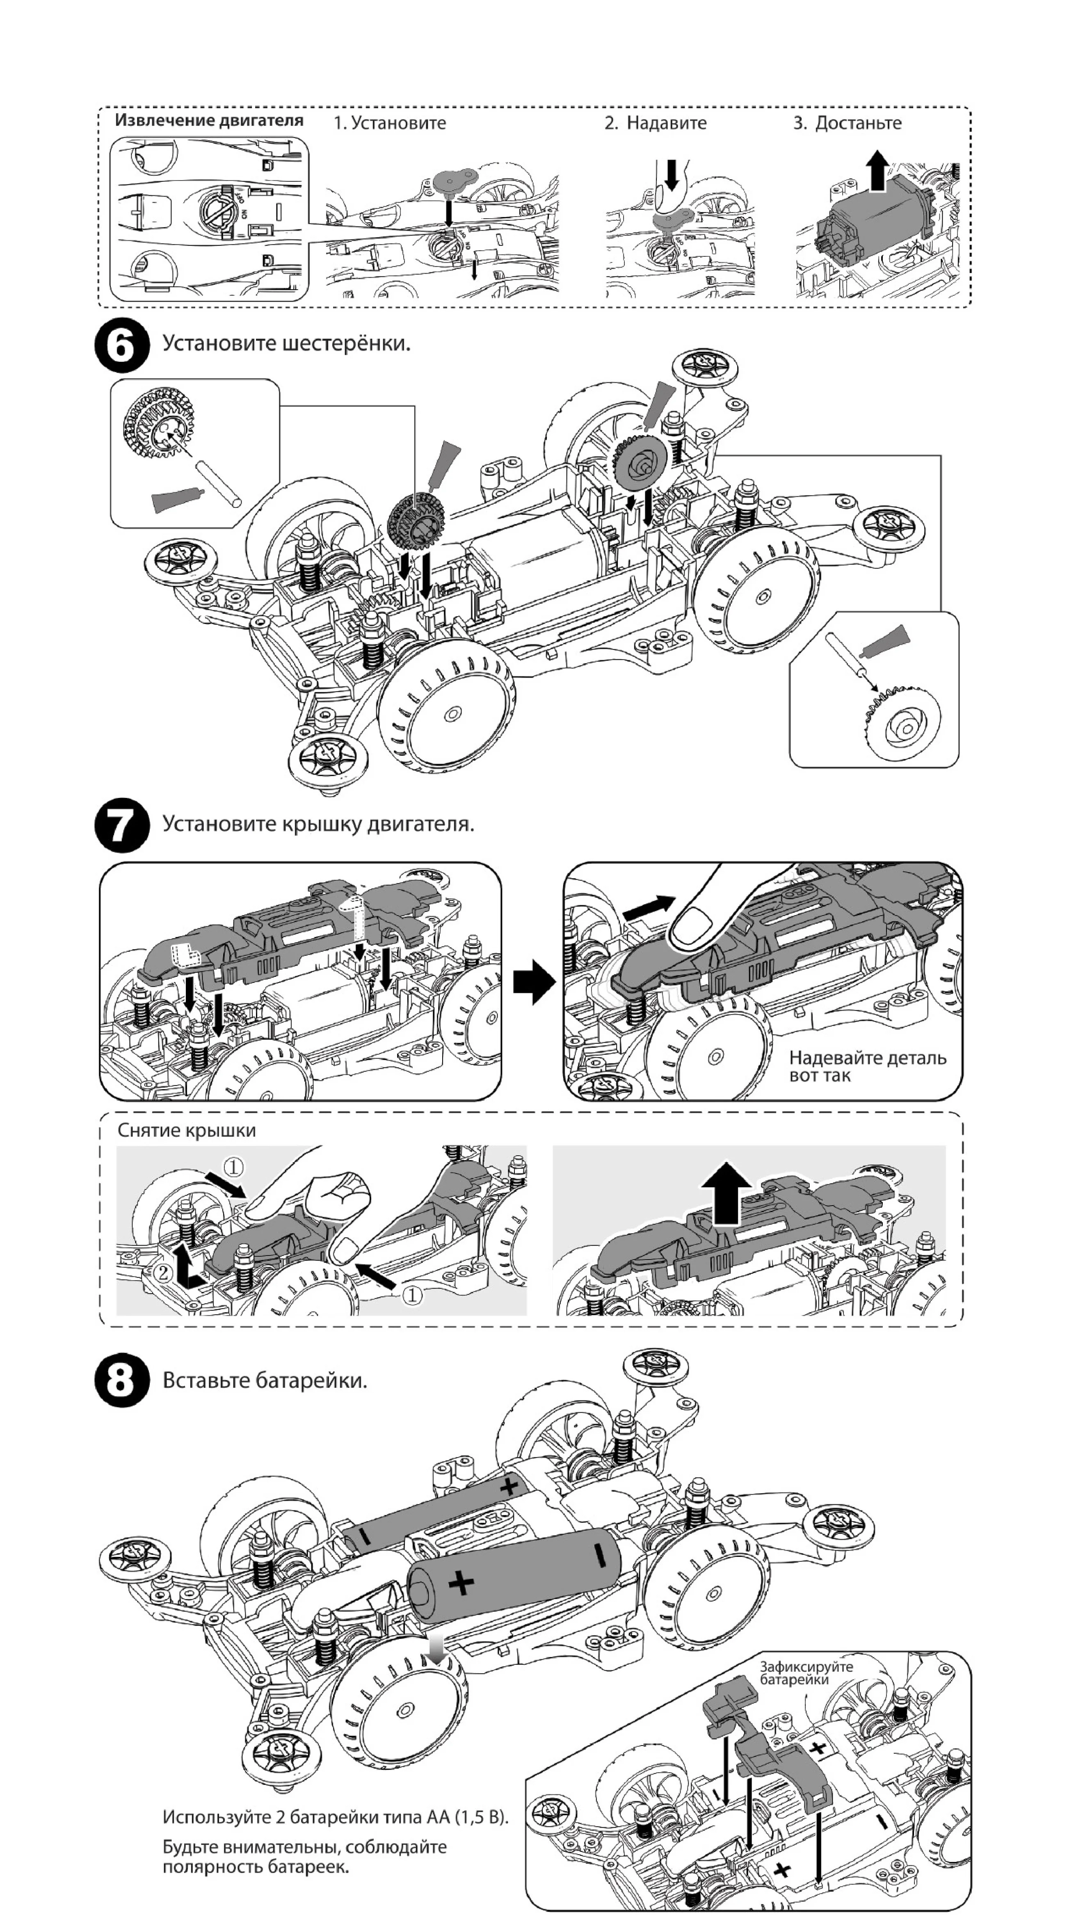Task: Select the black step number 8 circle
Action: pyautogui.click(x=122, y=1380)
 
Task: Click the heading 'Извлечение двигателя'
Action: pyautogui.click(x=209, y=120)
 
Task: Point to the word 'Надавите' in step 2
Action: pyautogui.click(x=666, y=123)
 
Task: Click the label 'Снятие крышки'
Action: pyautogui.click(x=187, y=1131)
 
